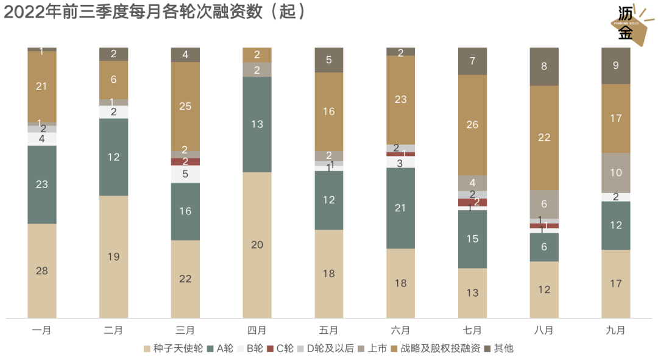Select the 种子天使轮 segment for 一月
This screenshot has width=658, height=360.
coord(42,270)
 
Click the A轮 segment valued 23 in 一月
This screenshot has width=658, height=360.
coord(42,184)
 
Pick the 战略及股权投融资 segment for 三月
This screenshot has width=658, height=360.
coord(185,106)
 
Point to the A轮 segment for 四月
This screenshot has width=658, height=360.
coord(257,124)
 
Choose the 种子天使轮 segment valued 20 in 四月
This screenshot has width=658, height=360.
coord(257,245)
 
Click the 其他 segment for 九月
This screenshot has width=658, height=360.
coord(616,65)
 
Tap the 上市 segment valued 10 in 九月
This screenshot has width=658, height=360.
coord(616,172)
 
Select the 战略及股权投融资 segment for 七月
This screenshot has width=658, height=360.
coord(472,125)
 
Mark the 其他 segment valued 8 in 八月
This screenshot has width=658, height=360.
coord(544,66)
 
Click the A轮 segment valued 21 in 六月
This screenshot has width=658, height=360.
coord(400,208)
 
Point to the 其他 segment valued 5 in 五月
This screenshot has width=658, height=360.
coord(329,60)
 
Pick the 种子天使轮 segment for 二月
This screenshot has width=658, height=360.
coord(113,256)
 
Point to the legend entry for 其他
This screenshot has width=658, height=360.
coord(499,348)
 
